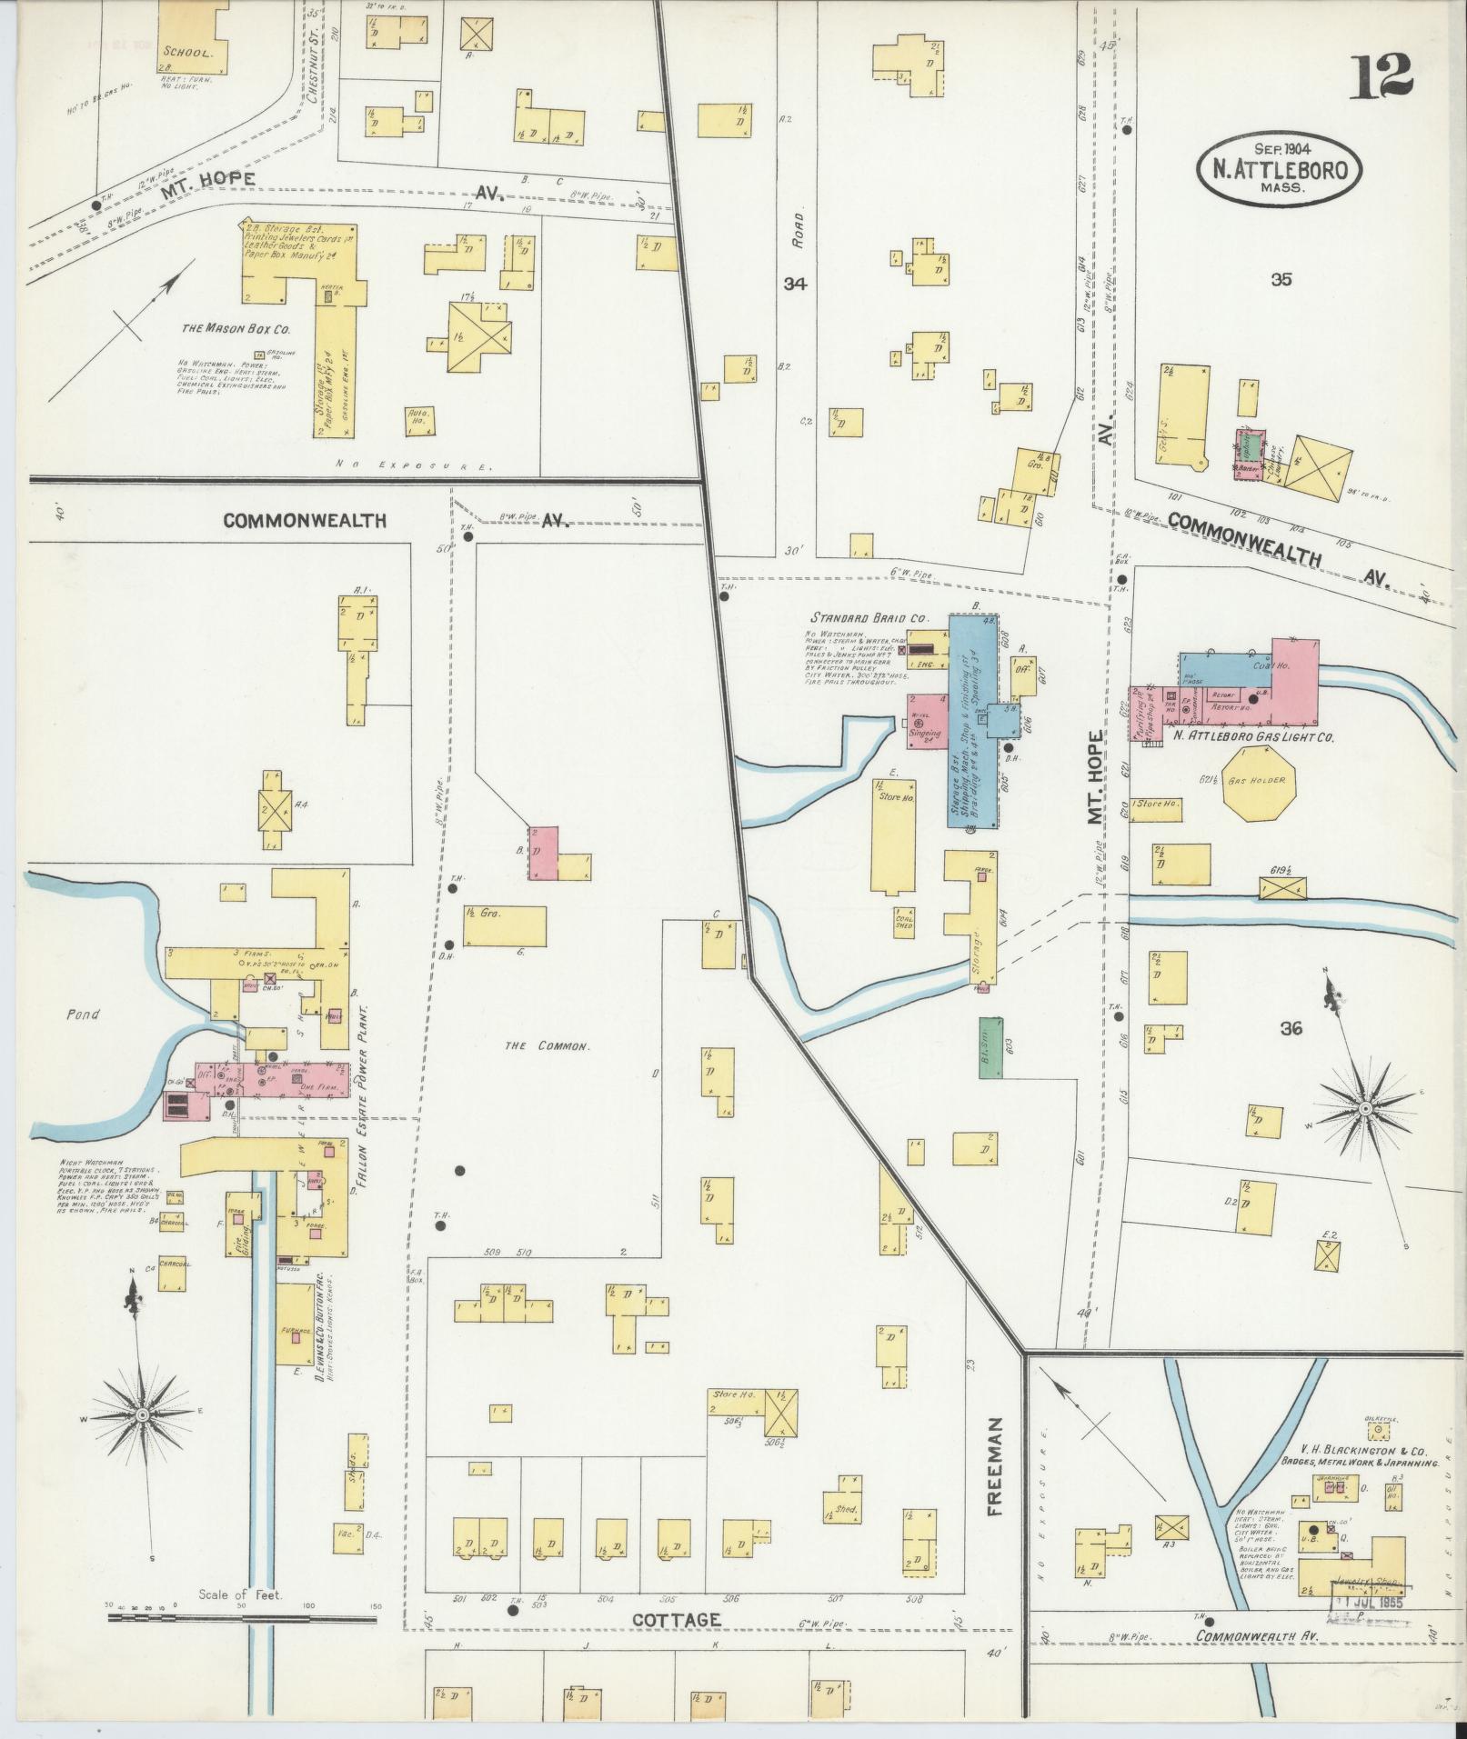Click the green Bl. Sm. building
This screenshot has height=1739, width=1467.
point(990,1047)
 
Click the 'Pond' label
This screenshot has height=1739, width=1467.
point(83,1014)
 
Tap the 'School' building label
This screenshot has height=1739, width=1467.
point(188,52)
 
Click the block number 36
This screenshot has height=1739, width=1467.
point(1291,1028)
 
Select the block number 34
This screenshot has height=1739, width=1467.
point(795,284)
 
